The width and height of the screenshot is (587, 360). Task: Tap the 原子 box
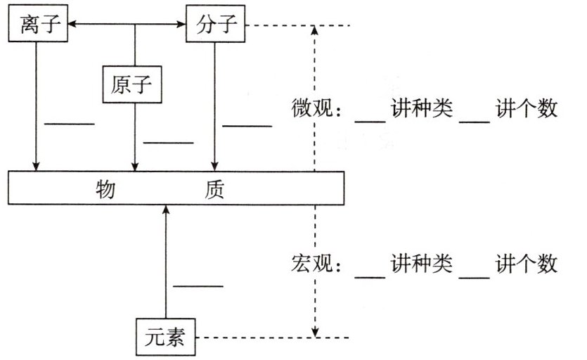click(x=132, y=85)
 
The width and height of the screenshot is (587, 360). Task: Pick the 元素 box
click(x=165, y=338)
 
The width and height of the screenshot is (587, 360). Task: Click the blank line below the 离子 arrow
click(x=69, y=124)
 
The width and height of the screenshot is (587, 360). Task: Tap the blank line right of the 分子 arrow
click(x=246, y=127)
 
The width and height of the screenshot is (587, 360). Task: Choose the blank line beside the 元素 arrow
click(x=198, y=285)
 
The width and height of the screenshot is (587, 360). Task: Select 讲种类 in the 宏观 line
click(x=422, y=265)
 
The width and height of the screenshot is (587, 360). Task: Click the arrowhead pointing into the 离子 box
click(x=71, y=26)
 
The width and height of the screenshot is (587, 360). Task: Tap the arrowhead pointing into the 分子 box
click(x=181, y=26)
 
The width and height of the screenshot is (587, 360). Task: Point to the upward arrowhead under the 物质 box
click(x=166, y=210)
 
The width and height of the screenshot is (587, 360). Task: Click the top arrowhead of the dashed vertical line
click(x=315, y=30)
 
